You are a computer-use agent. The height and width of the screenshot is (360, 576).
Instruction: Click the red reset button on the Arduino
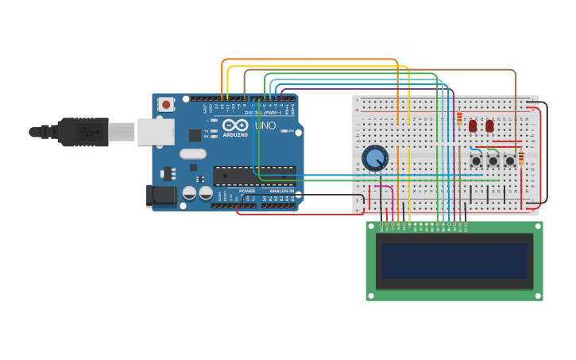tap(166, 104)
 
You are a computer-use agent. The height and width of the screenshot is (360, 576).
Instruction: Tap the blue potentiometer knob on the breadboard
tap(374, 158)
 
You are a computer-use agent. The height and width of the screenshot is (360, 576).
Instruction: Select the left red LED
tap(473, 126)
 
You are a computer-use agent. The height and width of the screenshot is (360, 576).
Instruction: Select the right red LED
tap(489, 126)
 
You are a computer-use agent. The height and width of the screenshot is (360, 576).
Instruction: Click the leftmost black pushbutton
tap(476, 161)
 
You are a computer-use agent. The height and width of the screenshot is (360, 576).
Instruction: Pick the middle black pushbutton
tap(493, 161)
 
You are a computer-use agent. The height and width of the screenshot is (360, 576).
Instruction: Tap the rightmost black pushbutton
tap(509, 161)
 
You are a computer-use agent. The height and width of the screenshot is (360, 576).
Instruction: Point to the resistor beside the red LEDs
tap(459, 119)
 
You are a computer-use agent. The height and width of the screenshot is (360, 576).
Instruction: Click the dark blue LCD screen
tap(454, 261)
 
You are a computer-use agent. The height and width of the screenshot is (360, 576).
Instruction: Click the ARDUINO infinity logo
tap(236, 126)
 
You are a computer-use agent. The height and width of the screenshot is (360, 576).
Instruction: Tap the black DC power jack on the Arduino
tap(161, 195)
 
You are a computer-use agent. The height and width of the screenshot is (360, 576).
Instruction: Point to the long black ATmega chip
tap(254, 176)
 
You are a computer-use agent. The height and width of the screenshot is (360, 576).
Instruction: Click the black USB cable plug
tap(83, 132)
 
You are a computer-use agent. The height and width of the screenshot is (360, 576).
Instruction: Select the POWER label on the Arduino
tap(247, 191)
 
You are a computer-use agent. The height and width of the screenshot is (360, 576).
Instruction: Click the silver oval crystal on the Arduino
tap(193, 154)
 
